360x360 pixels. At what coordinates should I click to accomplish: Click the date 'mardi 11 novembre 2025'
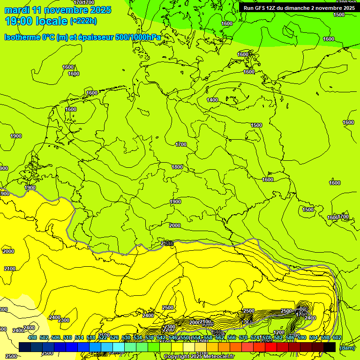[x=58, y=10]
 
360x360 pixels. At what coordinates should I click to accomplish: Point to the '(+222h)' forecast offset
[x=83, y=21]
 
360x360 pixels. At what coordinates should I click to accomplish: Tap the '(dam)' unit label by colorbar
[x=347, y=348]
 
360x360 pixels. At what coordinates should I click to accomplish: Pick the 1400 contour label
[x=212, y=100]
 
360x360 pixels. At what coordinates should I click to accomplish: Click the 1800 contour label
[x=177, y=167]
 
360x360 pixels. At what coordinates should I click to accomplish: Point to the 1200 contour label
[x=279, y=332]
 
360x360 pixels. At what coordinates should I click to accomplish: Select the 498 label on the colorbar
[x=32, y=338]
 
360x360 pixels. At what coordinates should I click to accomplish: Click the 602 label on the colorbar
[x=337, y=338]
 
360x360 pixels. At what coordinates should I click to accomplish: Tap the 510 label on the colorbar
[x=67, y=338]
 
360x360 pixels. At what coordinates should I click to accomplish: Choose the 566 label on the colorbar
[x=232, y=338]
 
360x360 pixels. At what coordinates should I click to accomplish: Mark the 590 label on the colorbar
[x=302, y=338]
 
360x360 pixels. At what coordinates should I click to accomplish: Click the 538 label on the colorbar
[x=150, y=338]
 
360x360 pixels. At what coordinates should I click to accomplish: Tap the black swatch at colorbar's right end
[x=330, y=347]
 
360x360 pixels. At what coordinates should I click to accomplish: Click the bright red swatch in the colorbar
[x=271, y=347]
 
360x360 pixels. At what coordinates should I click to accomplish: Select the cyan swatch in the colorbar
[x=119, y=347]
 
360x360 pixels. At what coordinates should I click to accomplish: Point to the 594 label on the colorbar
[x=314, y=338]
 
